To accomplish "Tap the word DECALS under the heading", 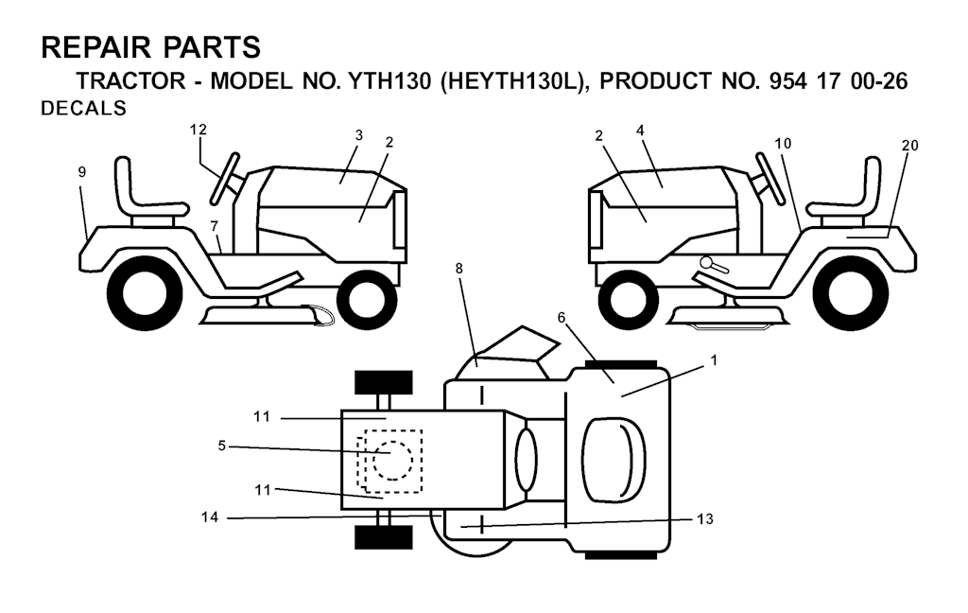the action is tap(83, 108).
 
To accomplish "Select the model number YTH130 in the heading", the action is tap(389, 81).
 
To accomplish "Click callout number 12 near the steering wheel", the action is tap(199, 130).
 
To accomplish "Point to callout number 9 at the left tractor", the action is tap(82, 172).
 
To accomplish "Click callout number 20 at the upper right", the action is tap(910, 146).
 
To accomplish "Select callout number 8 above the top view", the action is tap(458, 269).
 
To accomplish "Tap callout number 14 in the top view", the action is tap(210, 517).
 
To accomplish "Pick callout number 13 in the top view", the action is tap(705, 519).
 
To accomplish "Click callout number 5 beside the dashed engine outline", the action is tap(221, 446).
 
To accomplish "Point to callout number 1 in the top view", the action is tap(714, 359).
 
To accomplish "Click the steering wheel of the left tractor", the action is tap(225, 178).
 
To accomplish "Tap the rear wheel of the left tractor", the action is tap(145, 291).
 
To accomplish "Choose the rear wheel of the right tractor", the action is tap(851, 291).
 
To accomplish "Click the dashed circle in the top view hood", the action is tap(392, 461).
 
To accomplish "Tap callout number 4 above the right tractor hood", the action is tap(640, 131).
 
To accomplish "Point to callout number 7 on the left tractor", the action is tap(215, 225).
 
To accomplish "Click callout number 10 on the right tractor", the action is tap(782, 144).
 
